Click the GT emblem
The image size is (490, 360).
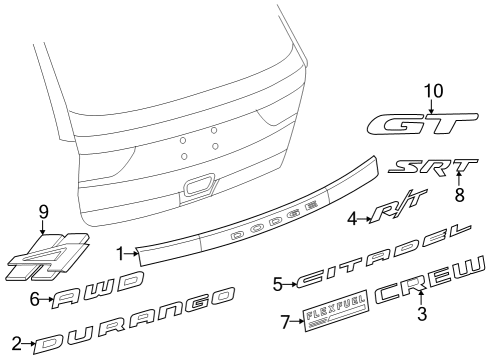(417, 124)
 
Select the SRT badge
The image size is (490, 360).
(433, 167)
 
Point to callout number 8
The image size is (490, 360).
(460, 194)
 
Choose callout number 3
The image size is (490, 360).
(422, 314)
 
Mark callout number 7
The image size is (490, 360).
(284, 321)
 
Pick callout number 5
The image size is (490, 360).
(277, 284)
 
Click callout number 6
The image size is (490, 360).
(34, 298)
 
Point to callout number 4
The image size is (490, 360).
(352, 217)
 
